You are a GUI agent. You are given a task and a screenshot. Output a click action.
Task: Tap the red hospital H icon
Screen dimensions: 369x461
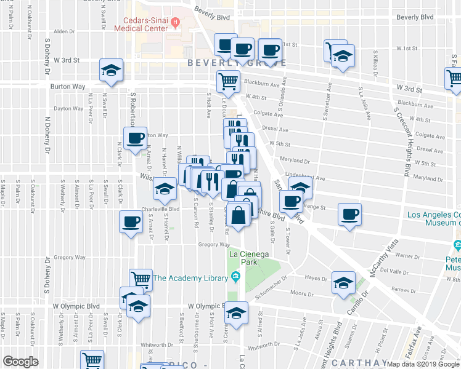tap(176, 23)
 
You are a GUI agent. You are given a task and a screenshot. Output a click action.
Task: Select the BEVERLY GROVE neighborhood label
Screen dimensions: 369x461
tap(237, 63)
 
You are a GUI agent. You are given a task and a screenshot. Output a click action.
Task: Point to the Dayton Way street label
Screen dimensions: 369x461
tap(68, 108)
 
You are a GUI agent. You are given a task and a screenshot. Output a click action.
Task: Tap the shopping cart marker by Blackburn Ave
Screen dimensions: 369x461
tap(227, 81)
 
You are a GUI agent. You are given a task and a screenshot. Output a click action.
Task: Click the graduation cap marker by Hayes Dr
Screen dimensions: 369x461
tap(343, 282)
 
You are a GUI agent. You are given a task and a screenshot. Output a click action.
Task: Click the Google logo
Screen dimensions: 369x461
tap(20, 362)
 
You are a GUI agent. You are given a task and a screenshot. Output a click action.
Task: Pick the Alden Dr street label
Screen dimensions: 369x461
tap(64, 31)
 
